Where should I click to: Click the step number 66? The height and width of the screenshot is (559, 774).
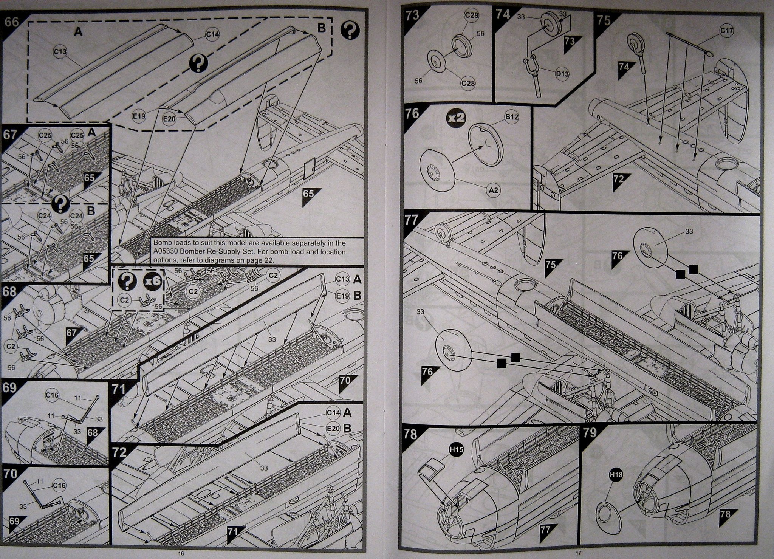click(12, 22)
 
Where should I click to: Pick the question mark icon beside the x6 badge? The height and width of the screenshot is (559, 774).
click(127, 281)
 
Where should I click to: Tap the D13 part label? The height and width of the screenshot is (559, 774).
click(562, 74)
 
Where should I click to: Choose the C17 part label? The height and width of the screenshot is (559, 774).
click(726, 31)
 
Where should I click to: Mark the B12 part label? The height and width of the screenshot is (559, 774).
click(512, 117)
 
